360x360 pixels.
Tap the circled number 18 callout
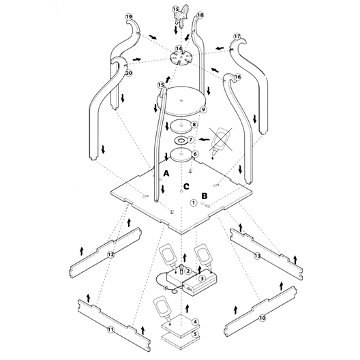coord(200,14)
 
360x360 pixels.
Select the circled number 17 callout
coord(237,35)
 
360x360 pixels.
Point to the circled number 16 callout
coord(237,77)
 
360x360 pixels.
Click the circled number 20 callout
coord(129,73)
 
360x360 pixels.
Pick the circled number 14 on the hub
coord(179,48)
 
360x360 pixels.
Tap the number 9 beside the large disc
coord(203,110)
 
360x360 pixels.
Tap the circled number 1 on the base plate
coord(194,202)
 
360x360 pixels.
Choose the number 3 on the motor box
coord(202,278)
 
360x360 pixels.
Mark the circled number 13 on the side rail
coord(257,256)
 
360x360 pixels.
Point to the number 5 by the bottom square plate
coord(195,335)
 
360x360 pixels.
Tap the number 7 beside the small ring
coord(192,140)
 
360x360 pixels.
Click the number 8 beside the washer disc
coord(194,125)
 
